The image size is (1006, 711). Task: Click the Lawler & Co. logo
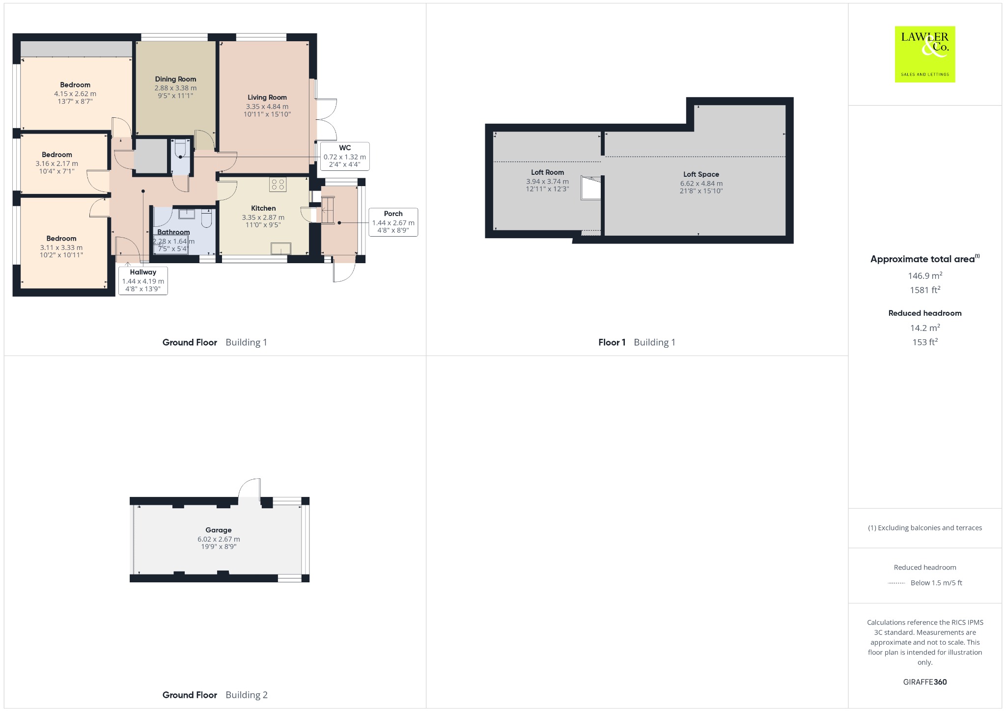tap(925, 54)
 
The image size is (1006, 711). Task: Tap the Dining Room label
tap(175, 79)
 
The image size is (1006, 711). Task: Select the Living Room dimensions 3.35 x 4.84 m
tap(267, 107)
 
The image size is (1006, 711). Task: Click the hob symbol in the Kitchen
tap(278, 184)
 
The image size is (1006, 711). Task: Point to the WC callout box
tap(345, 157)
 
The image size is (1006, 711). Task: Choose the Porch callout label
tap(393, 214)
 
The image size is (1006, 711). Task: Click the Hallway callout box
tap(143, 280)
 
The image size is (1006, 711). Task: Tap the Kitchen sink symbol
tap(281, 249)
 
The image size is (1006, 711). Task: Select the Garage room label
tap(219, 530)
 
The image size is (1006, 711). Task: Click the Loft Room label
tap(547, 172)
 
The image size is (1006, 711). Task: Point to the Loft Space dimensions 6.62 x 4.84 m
tap(701, 184)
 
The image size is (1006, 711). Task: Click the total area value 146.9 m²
tap(925, 275)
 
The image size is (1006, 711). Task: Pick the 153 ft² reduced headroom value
tap(925, 342)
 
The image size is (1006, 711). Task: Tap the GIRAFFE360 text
tap(925, 682)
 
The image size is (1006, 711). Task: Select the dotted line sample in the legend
tap(896, 583)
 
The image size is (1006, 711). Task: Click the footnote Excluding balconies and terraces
tap(925, 528)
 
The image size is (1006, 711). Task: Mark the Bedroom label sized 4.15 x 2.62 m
tap(75, 85)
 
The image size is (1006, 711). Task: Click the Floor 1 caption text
tap(612, 342)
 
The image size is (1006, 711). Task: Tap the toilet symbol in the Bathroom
tap(207, 219)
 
